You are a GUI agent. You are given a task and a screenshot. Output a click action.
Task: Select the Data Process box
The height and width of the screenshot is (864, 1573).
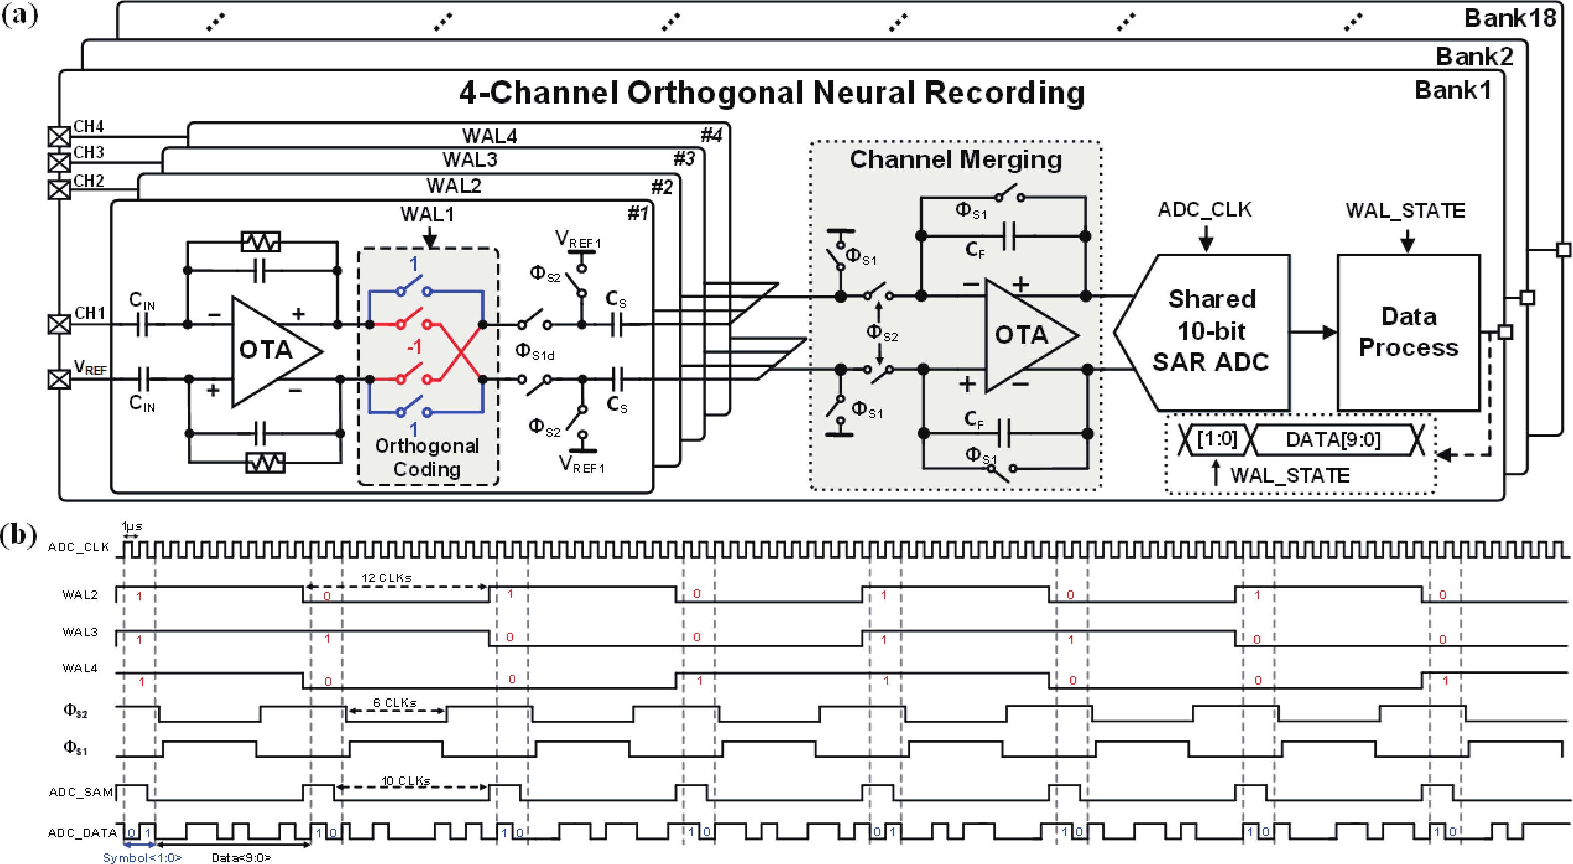click(x=1408, y=332)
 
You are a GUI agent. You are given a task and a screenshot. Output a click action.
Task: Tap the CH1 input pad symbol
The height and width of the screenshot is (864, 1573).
click(x=59, y=324)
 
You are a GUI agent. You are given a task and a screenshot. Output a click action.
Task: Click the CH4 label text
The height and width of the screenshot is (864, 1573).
click(x=88, y=126)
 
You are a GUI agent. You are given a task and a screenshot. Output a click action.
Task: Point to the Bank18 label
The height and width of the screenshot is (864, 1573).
click(x=1510, y=18)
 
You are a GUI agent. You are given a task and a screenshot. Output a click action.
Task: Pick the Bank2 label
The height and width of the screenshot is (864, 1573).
click(x=1474, y=57)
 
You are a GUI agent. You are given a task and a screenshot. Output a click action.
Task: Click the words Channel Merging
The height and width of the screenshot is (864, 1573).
click(x=956, y=159)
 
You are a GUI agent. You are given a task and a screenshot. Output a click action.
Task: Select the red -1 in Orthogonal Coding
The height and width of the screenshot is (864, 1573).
click(x=414, y=347)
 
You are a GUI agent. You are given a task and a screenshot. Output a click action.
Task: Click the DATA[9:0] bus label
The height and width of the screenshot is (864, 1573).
click(x=1333, y=439)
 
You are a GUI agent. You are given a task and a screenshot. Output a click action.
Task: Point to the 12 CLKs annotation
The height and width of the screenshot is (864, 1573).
click(x=387, y=577)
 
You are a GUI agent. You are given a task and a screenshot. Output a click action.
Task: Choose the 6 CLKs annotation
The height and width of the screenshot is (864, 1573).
click(x=394, y=703)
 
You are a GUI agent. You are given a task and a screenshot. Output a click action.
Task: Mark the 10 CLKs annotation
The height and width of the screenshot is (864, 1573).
click(x=405, y=781)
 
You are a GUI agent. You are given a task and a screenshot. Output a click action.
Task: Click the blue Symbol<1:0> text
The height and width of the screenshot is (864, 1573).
click(x=142, y=858)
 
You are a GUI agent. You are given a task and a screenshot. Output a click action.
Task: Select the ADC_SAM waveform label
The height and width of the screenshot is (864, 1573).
click(x=81, y=792)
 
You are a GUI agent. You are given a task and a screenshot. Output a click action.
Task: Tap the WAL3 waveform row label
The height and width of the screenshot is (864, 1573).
click(x=80, y=632)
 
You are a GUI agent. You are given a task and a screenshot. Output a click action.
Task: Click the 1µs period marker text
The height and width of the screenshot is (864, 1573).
click(x=131, y=526)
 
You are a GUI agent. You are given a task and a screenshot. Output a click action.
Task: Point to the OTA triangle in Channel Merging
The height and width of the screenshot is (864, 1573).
click(x=1026, y=334)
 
